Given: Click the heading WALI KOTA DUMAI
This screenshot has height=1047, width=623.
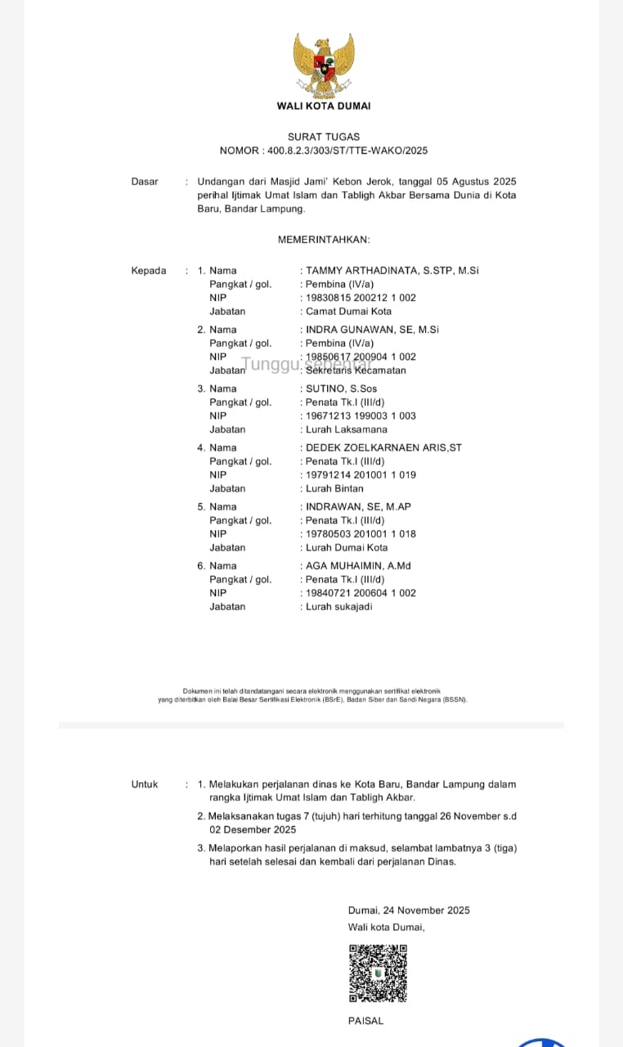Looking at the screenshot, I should (324, 106).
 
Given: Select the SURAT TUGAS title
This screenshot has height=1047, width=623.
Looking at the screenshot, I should (324, 137).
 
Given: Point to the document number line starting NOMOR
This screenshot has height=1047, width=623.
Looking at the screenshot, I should (324, 151).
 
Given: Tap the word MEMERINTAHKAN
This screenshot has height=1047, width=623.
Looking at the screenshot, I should (324, 240).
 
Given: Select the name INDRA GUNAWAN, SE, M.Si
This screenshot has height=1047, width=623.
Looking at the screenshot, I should (373, 330).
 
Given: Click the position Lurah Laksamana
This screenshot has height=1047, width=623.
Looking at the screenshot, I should (347, 429).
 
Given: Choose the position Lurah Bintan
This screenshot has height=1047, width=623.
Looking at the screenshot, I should (335, 488).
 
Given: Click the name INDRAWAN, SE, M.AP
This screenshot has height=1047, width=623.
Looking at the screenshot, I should (359, 506).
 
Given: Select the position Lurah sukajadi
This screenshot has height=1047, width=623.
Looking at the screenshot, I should (339, 607).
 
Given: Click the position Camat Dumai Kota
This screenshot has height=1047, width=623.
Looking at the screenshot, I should (349, 312).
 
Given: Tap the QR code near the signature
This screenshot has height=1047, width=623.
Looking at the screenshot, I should (378, 973).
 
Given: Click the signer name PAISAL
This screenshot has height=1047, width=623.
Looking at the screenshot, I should (365, 1021).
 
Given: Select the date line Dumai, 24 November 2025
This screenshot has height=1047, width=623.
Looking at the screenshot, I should (409, 910).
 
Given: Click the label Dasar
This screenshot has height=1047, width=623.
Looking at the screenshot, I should (145, 182).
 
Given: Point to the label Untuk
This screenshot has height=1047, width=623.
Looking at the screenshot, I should (145, 784).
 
